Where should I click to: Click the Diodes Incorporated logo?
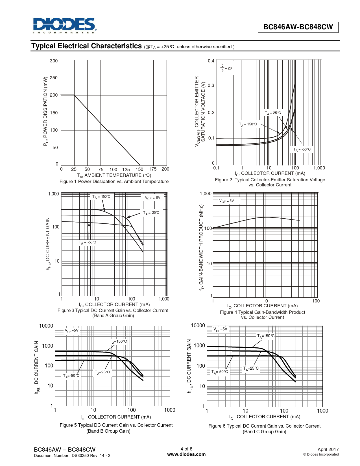point(65,26)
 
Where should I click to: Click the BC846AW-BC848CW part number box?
point(298,27)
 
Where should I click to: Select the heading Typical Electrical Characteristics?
point(86,46)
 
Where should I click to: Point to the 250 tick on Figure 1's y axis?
point(54,78)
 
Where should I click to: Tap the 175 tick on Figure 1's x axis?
point(152,169)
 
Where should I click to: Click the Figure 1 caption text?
point(114,182)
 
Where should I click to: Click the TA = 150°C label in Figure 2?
point(248,124)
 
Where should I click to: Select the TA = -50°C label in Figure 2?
point(302,149)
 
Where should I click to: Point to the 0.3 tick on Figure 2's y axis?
point(211,86)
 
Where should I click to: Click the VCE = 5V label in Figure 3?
point(152,198)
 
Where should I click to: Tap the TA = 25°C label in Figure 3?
point(151,213)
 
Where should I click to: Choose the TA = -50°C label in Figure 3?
point(87,242)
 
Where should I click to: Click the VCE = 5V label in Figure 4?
point(226,201)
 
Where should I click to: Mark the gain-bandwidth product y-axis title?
point(201,247)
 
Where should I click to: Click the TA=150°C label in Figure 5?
point(118,341)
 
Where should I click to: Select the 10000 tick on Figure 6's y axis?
point(198,326)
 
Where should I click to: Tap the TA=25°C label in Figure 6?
point(251,368)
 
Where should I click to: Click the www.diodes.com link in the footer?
point(186,454)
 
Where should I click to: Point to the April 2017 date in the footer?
point(328,449)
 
